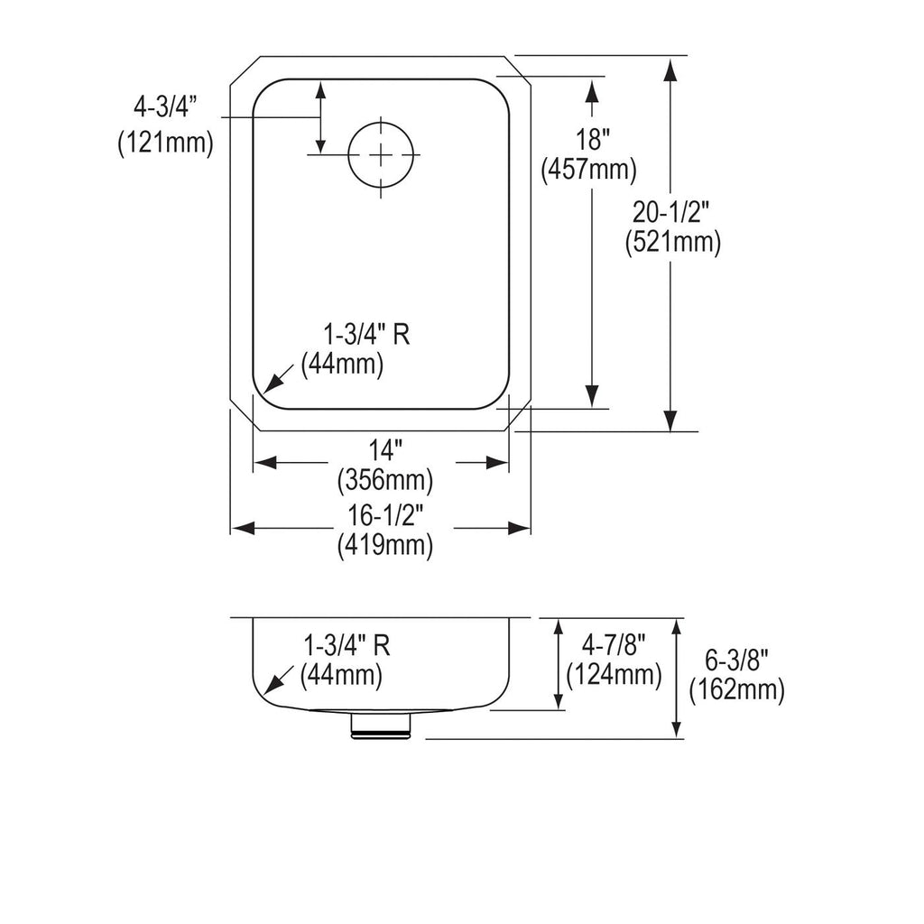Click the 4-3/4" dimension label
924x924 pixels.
[165, 107]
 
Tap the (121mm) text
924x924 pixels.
[166, 143]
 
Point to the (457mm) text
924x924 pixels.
[588, 171]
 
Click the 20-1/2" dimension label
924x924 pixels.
[671, 211]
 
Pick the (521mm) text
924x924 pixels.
[673, 242]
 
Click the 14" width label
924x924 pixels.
[385, 451]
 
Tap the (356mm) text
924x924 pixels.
[385, 481]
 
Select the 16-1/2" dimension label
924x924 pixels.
[385, 515]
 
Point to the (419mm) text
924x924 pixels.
[385, 545]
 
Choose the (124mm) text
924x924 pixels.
[614, 675]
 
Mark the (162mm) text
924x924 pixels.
[737, 690]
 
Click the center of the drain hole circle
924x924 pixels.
[382, 154]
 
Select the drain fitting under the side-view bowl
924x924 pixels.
[381, 725]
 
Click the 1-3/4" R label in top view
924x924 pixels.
[366, 335]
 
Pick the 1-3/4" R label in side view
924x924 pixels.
[346, 646]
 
